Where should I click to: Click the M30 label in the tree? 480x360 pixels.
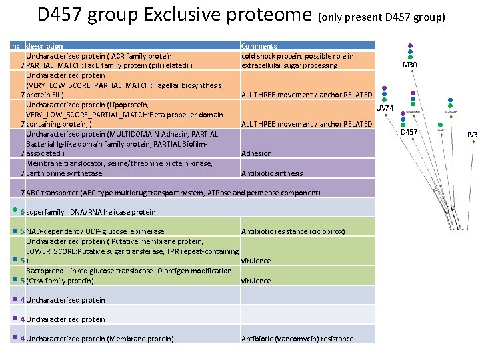[x=410, y=65]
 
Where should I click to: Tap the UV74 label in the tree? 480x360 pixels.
[x=385, y=108]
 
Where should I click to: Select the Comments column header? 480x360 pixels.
[x=259, y=46]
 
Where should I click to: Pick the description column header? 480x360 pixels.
[x=44, y=46]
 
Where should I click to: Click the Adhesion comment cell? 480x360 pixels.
[x=256, y=153]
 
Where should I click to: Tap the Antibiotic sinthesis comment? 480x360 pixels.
[x=271, y=173]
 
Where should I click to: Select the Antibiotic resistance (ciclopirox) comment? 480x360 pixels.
[x=293, y=231]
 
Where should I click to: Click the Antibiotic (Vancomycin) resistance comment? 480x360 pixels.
[x=297, y=339]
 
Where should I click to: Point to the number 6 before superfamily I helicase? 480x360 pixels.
[x=23, y=212]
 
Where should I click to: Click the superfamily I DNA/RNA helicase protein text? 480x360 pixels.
[x=91, y=212]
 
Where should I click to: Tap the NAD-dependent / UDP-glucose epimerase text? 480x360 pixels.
[x=95, y=231]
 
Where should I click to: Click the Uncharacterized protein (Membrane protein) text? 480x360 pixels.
[x=99, y=339]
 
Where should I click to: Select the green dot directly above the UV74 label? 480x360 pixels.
[x=385, y=100]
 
